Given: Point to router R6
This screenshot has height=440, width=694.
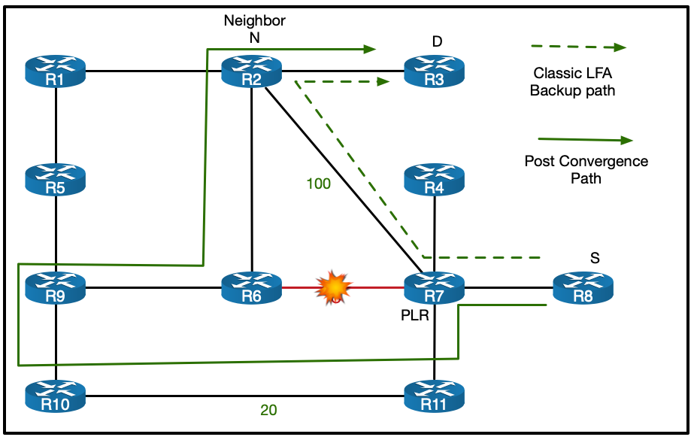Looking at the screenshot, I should pos(252,287).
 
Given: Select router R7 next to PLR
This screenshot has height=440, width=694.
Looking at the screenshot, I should pos(435,287).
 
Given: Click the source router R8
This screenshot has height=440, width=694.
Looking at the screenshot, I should pos(583,287).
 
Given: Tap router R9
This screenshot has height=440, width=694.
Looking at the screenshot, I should pos(56,287).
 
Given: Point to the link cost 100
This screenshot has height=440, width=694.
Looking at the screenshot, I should pos(318,184).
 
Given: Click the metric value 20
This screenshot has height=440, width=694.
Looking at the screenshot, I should pos(268,411).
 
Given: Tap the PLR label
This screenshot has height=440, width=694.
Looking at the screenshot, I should pos(414,316).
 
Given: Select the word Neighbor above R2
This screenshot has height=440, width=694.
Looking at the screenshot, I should pos(255,20).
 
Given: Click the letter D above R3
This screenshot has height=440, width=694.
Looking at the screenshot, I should pos(437,40).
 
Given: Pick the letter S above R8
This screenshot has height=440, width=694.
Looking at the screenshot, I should pos(595,258).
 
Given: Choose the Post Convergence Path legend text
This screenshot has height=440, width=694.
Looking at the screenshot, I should pos(586,169).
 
